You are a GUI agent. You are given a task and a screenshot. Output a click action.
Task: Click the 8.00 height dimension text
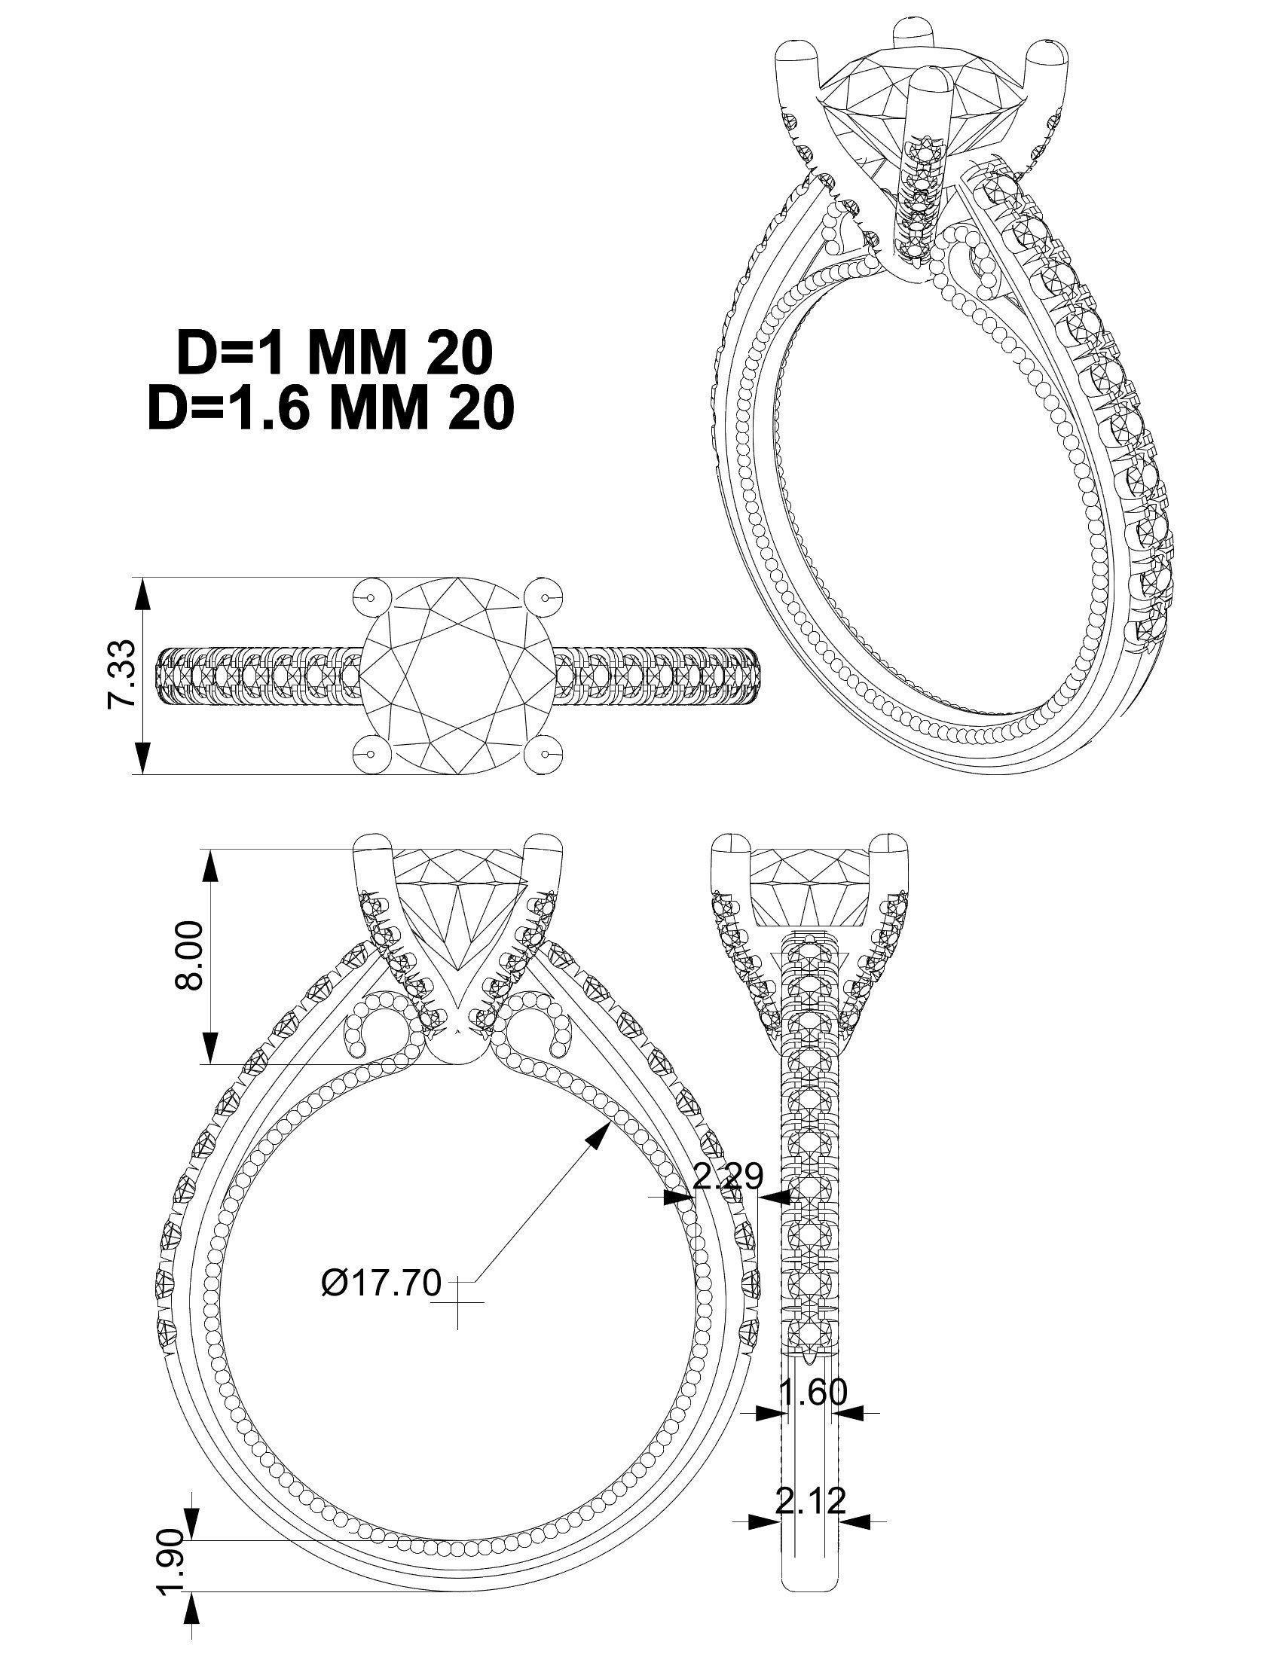point(189,955)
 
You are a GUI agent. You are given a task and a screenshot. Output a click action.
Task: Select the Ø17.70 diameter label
point(381,1281)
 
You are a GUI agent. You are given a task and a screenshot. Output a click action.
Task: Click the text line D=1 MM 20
point(335,354)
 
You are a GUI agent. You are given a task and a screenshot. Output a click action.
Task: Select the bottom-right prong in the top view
point(545,755)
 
